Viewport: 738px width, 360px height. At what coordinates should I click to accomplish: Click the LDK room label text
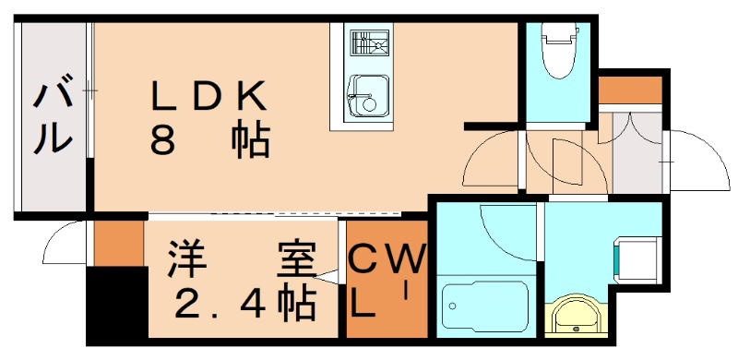point(209,95)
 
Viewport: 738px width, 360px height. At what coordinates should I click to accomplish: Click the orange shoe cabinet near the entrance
point(631,90)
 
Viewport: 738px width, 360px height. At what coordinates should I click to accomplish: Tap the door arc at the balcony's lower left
point(65,245)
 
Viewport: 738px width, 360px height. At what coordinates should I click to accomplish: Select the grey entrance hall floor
point(637,157)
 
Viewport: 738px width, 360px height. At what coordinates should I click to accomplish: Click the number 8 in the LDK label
point(164,140)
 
